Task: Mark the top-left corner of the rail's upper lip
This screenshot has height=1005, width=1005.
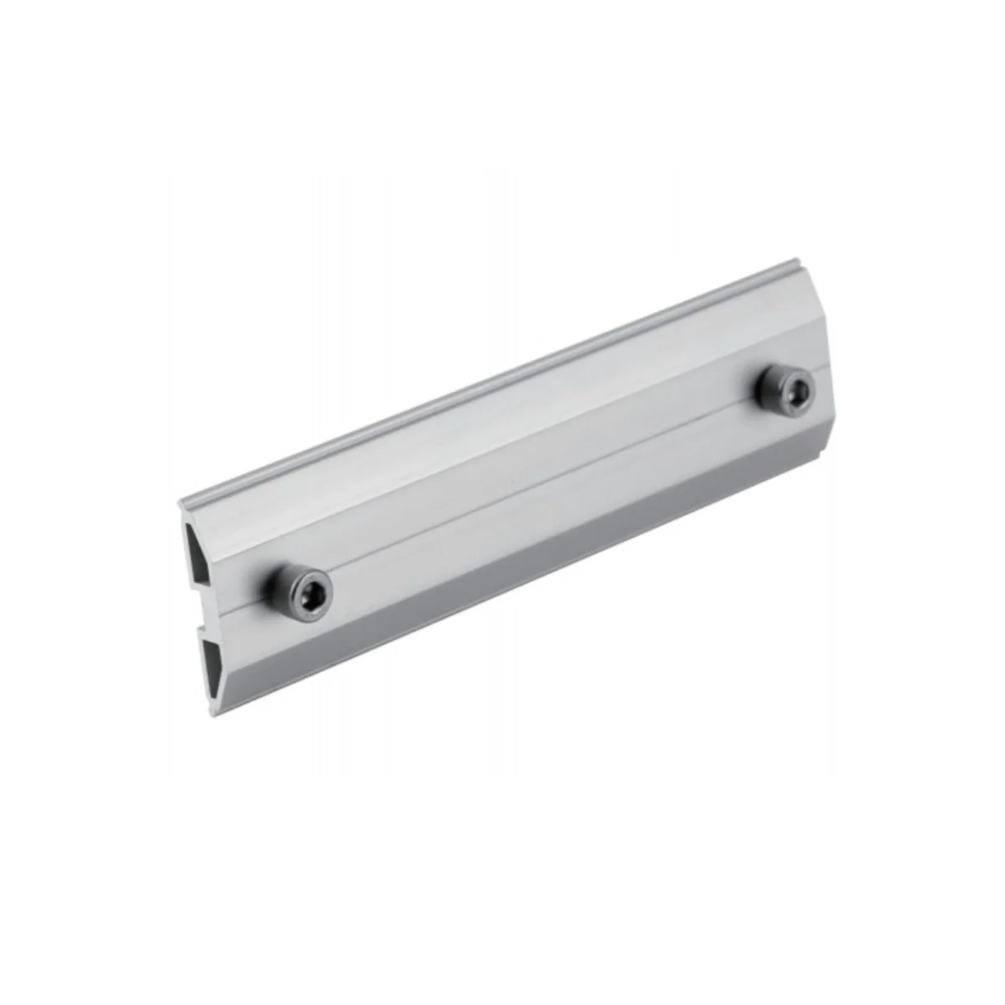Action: [181, 502]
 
